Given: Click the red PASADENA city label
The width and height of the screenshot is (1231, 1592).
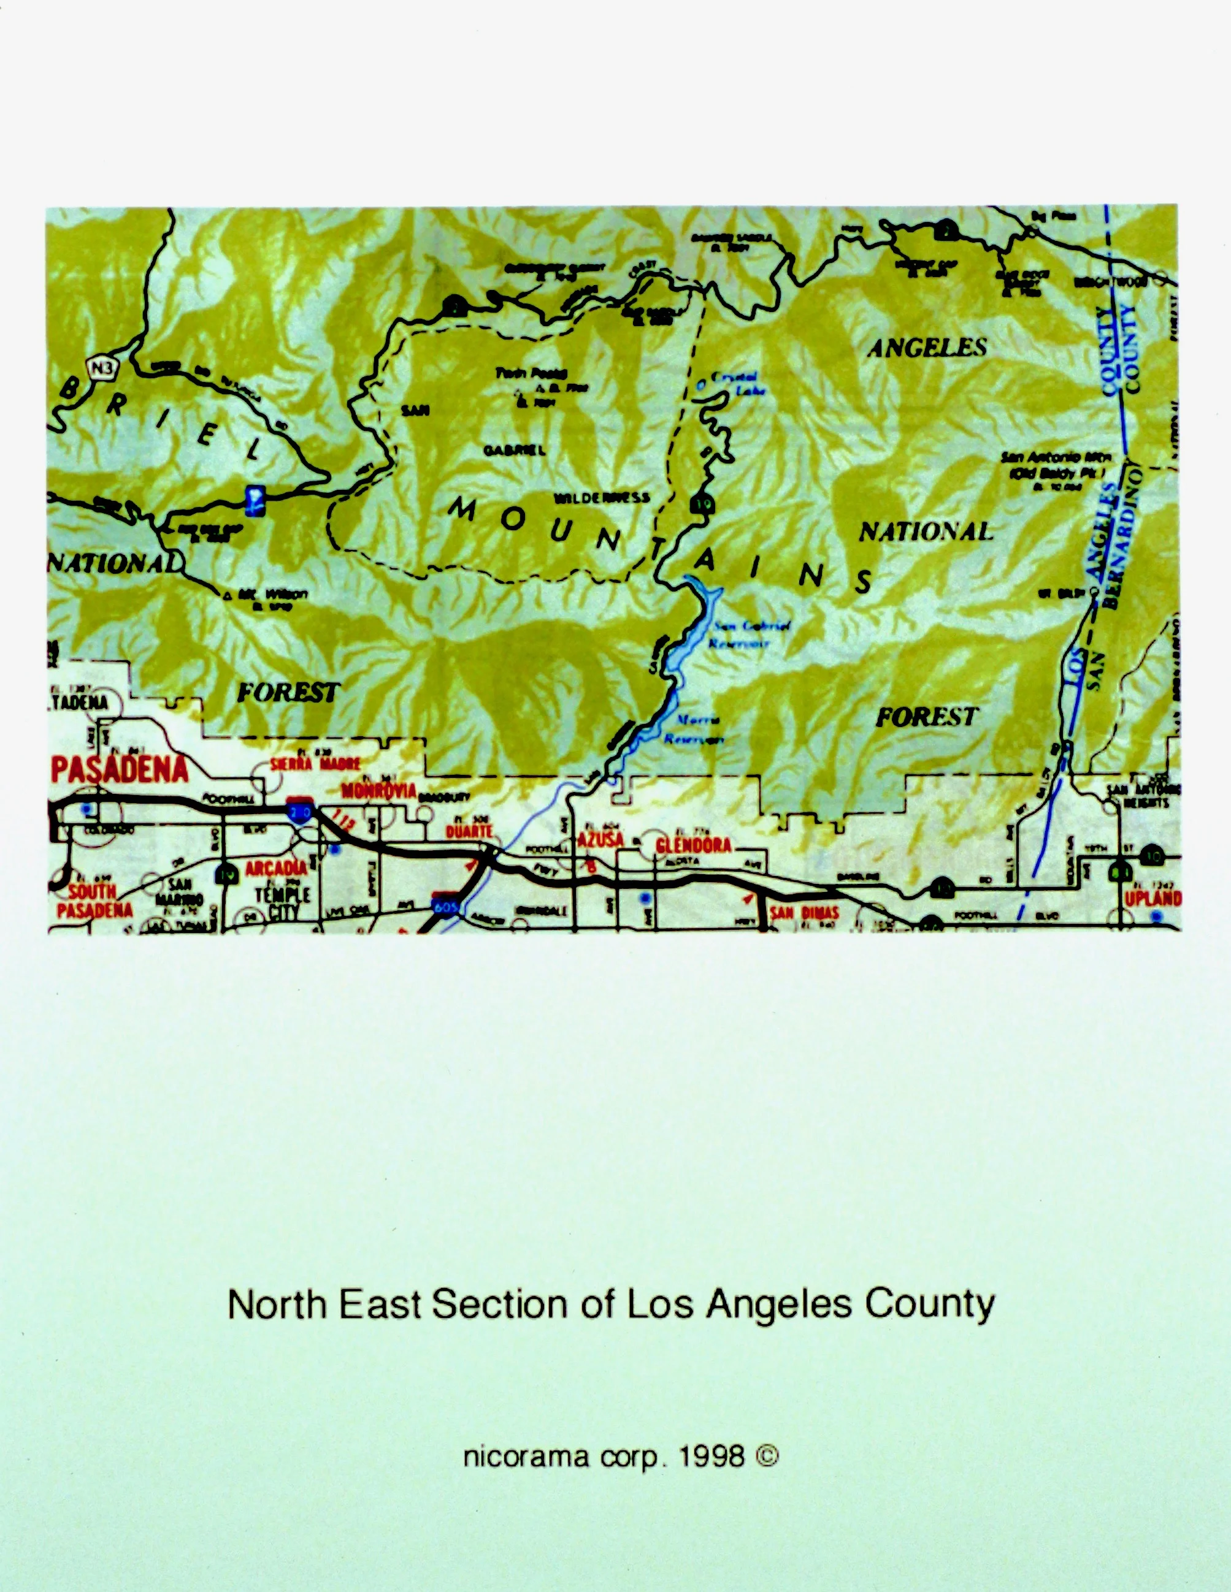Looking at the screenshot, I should point(120,769).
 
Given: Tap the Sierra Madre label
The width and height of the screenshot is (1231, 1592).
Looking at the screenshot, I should point(315,764).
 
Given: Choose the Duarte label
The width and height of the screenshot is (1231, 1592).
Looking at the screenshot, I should point(470,831).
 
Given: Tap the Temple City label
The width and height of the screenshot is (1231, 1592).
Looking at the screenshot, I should point(282,902).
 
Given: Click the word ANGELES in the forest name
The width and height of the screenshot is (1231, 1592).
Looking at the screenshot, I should point(926,348).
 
